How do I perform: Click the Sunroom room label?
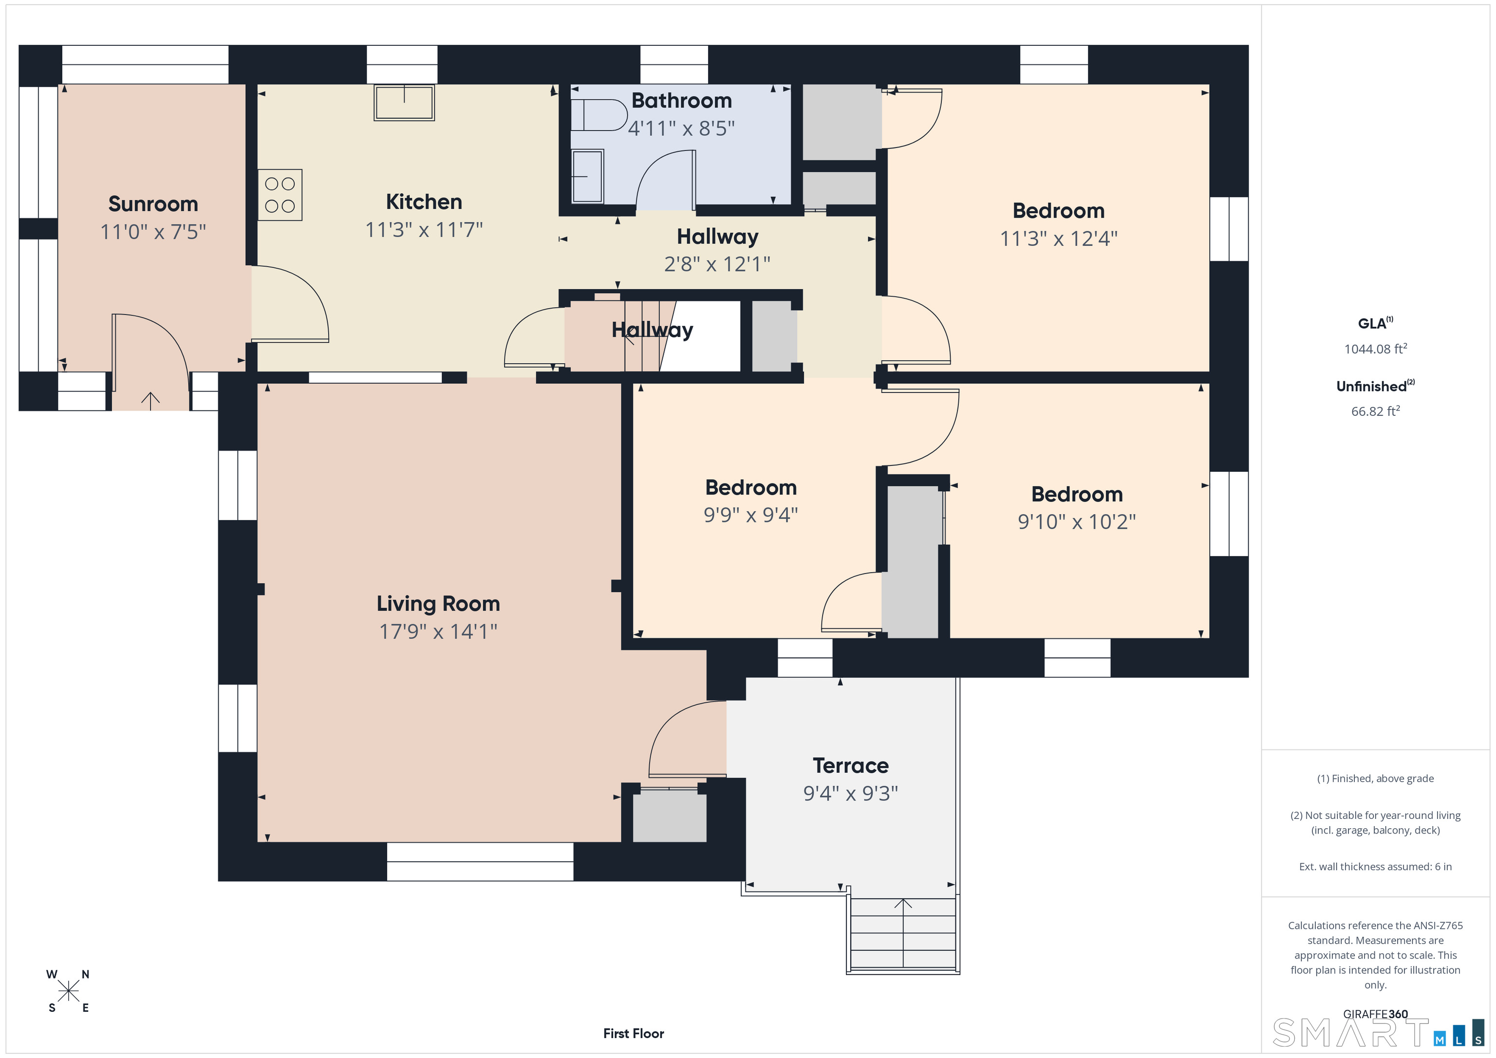coord(153,204)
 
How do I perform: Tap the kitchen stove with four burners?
coord(280,195)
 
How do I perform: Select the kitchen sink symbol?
coord(404,102)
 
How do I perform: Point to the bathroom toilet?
coord(598,115)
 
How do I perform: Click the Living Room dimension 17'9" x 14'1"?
coord(438,631)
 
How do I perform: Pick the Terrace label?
coord(850,765)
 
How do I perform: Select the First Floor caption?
coord(634,1033)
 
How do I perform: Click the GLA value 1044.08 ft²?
coord(1375,349)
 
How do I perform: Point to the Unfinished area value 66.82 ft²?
coord(1375,411)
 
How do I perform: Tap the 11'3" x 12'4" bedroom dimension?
coord(1059,239)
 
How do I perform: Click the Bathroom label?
coord(682,100)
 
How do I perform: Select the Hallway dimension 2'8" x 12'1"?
coord(717,264)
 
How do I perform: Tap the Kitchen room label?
coord(424,202)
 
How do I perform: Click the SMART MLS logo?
coord(1378,1033)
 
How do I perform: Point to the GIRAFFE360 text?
coord(1375,1014)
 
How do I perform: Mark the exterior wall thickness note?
coord(1375,867)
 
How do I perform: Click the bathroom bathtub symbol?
coord(587,176)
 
